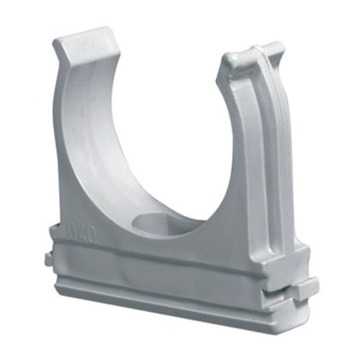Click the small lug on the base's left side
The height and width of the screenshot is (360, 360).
click(x=45, y=258)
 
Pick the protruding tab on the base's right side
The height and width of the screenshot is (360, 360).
click(x=304, y=288)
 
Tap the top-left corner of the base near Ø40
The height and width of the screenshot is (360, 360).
click(x=53, y=225)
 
